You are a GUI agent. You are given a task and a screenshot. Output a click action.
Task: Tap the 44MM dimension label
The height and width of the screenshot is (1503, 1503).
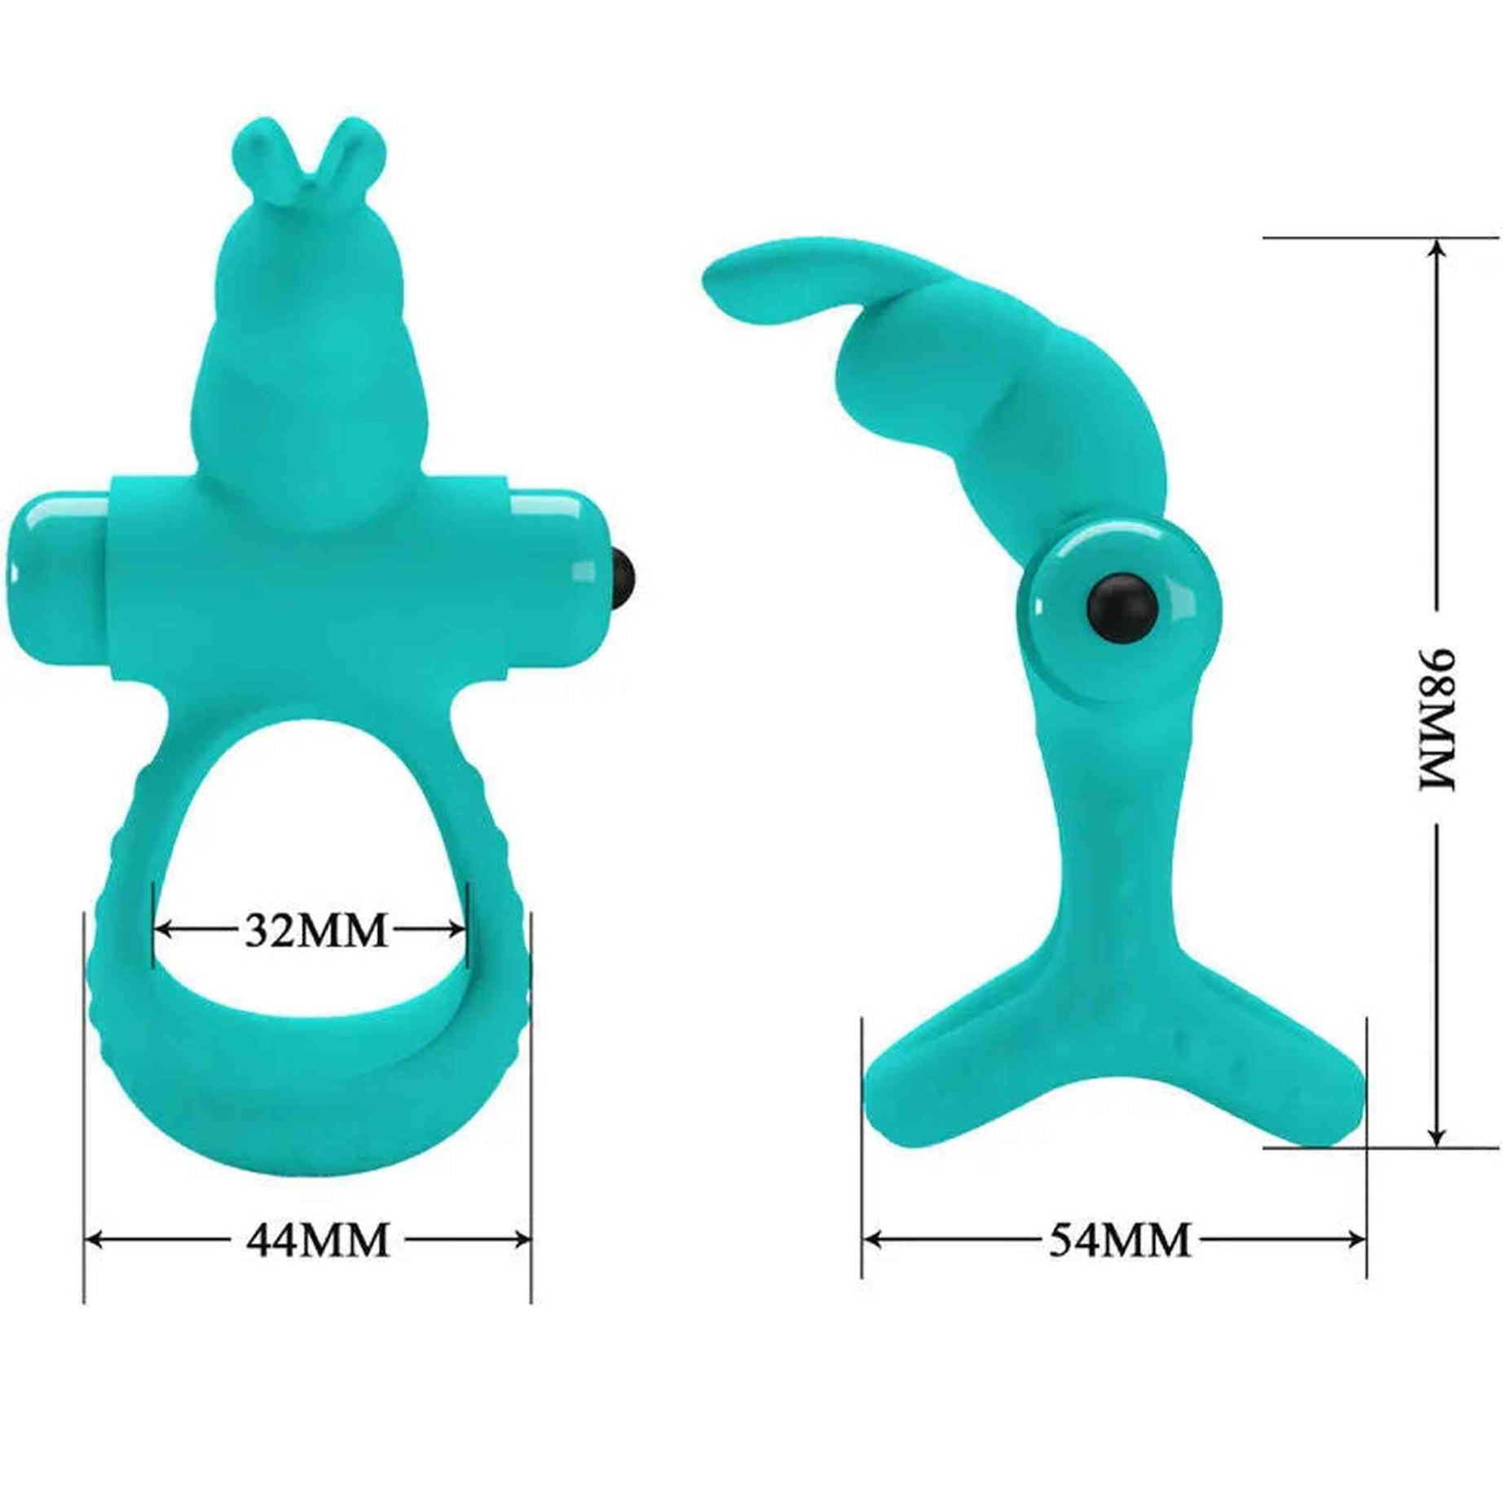click(319, 1241)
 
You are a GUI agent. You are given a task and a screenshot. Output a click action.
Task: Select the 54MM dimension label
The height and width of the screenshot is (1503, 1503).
click(1119, 1241)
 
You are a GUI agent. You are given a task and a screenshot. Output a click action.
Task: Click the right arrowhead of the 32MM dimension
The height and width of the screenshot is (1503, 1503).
click(460, 928)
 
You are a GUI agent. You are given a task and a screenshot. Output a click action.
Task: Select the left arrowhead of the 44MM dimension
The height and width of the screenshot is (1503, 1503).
click(92, 1241)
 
